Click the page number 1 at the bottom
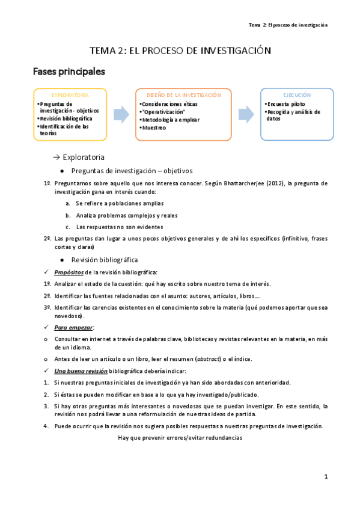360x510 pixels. tap(325, 477)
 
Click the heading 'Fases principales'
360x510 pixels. tap(69, 72)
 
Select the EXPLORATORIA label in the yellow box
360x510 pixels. tap(70, 95)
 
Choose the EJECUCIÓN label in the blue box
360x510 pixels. tap(297, 95)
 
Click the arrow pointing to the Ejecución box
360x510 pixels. tap(245, 114)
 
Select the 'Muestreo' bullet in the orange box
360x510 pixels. tap(154, 127)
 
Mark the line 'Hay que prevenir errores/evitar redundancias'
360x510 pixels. tap(180, 438)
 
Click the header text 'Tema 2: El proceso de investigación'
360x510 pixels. tap(287, 25)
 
